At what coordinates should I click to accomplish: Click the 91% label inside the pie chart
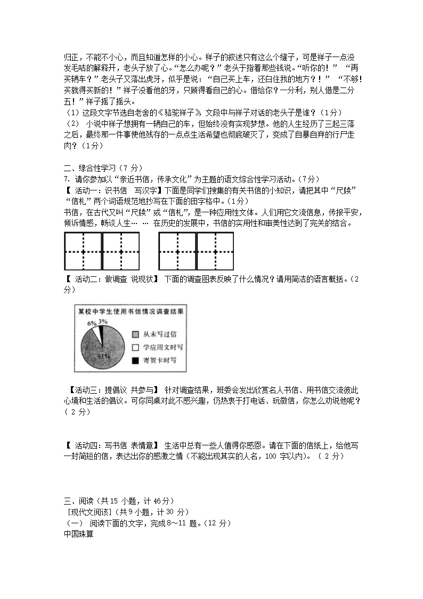pyautogui.click(x=103, y=355)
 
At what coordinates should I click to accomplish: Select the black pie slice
pyautogui.click(x=100, y=330)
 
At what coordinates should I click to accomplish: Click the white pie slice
pyautogui.click(x=96, y=332)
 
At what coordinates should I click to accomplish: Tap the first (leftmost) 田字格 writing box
pyautogui.click(x=83, y=251)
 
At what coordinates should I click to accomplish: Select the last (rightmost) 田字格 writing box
pyautogui.click(x=216, y=251)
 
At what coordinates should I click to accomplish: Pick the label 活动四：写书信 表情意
pyautogui.click(x=112, y=445)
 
